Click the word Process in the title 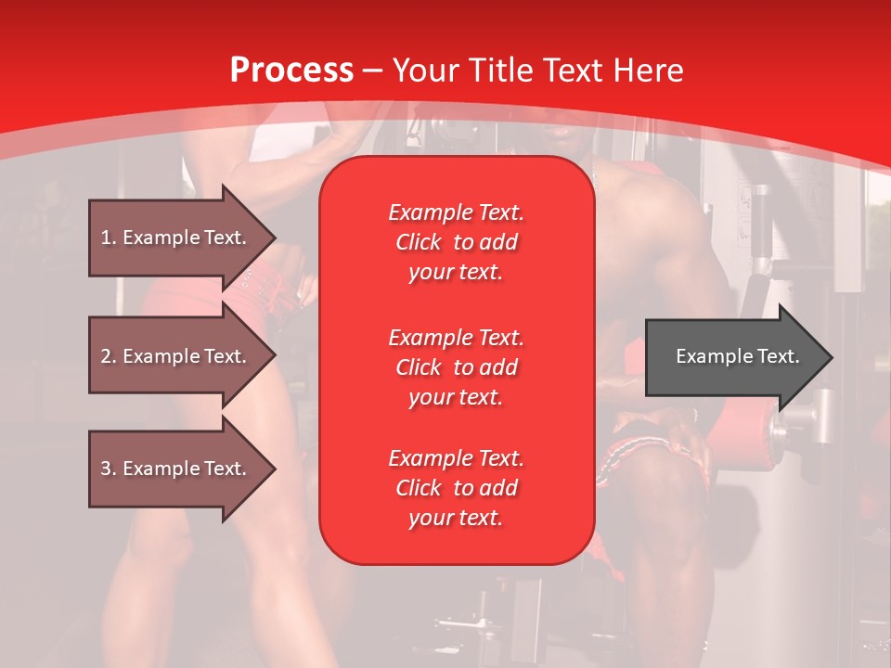click(291, 71)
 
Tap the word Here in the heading click(646, 71)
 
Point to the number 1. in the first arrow click(109, 238)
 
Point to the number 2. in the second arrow click(109, 356)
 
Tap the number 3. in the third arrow click(109, 469)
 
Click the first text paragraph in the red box click(456, 242)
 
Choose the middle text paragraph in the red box click(456, 367)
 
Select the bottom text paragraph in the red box click(456, 488)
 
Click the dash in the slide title click(372, 71)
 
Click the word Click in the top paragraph click(419, 242)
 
